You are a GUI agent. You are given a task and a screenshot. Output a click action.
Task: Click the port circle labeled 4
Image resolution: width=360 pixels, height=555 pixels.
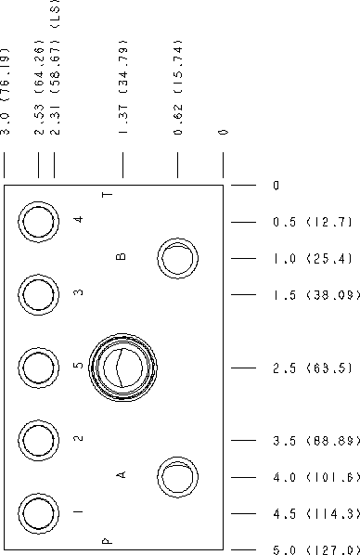[x=38, y=201]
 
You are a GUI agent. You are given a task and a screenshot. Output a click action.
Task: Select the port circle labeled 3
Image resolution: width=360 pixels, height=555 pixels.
[x=38, y=275]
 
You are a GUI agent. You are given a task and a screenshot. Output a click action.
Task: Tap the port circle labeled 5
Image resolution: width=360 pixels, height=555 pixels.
[x=38, y=348]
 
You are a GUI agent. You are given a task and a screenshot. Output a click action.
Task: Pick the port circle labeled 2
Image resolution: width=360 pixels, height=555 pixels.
[x=38, y=420]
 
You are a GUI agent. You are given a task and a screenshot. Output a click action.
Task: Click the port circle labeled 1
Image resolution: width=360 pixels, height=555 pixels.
[x=38, y=494]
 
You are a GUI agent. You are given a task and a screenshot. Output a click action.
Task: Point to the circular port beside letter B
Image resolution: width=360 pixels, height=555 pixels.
[x=178, y=239]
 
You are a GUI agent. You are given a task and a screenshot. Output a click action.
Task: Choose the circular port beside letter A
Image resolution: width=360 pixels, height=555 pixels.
[x=178, y=458]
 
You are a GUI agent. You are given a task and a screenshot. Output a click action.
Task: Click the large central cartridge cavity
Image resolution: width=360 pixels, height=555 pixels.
[x=122, y=334]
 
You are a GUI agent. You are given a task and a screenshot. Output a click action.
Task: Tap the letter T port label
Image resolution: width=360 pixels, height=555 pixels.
[x=108, y=195]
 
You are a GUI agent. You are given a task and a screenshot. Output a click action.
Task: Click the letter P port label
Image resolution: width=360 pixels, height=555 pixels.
[x=107, y=541]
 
